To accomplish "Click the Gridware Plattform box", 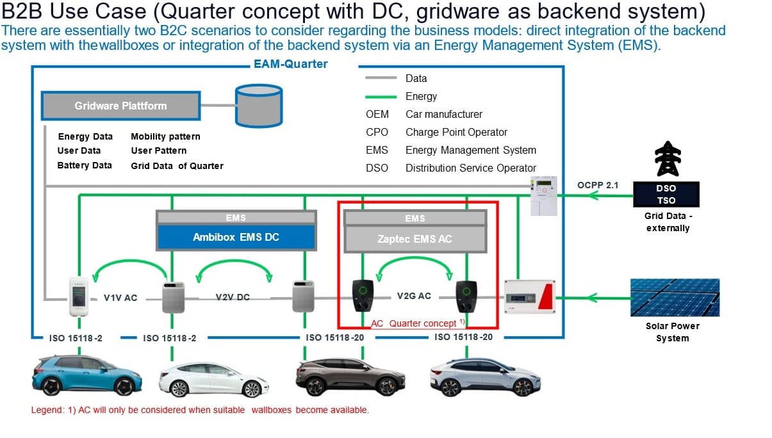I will [x=120, y=106].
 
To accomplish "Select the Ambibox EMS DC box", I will [x=236, y=237].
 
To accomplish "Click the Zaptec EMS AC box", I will [x=415, y=238].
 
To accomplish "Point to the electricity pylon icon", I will [x=667, y=159].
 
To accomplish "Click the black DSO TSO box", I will [x=666, y=194].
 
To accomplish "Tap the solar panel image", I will [x=675, y=297].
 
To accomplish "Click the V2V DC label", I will [x=233, y=297].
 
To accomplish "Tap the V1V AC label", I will [x=120, y=298].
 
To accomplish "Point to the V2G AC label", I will [x=414, y=296].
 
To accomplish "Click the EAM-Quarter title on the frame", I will [x=290, y=64].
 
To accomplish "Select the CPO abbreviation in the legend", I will [x=377, y=132].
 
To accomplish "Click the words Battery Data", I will [x=85, y=165].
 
